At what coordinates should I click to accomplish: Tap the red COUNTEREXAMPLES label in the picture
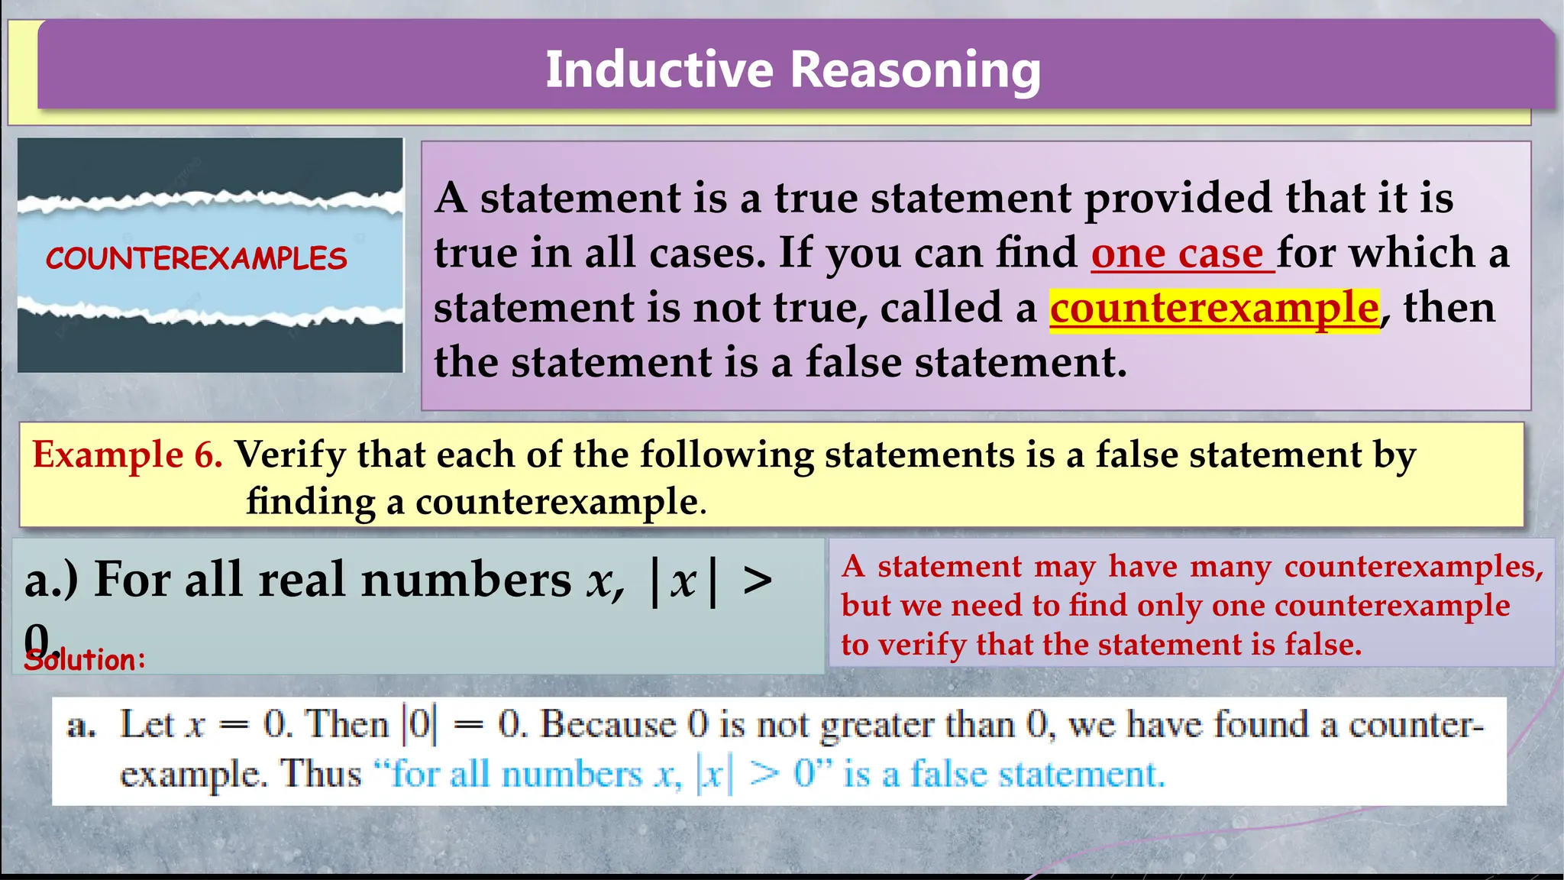pyautogui.click(x=196, y=259)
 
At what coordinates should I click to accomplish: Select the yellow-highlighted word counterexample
pyautogui.click(x=1213, y=308)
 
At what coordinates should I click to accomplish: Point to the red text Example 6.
pyautogui.click(x=127, y=455)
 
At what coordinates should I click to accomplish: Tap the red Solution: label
pyautogui.click(x=85, y=660)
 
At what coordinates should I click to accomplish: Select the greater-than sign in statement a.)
pyautogui.click(x=758, y=581)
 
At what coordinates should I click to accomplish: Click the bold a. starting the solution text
pyautogui.click(x=81, y=726)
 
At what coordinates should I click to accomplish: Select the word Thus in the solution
pyautogui.click(x=321, y=774)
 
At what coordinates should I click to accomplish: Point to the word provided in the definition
pyautogui.click(x=1179, y=199)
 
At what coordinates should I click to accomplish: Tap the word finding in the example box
pyautogui.click(x=310, y=502)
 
